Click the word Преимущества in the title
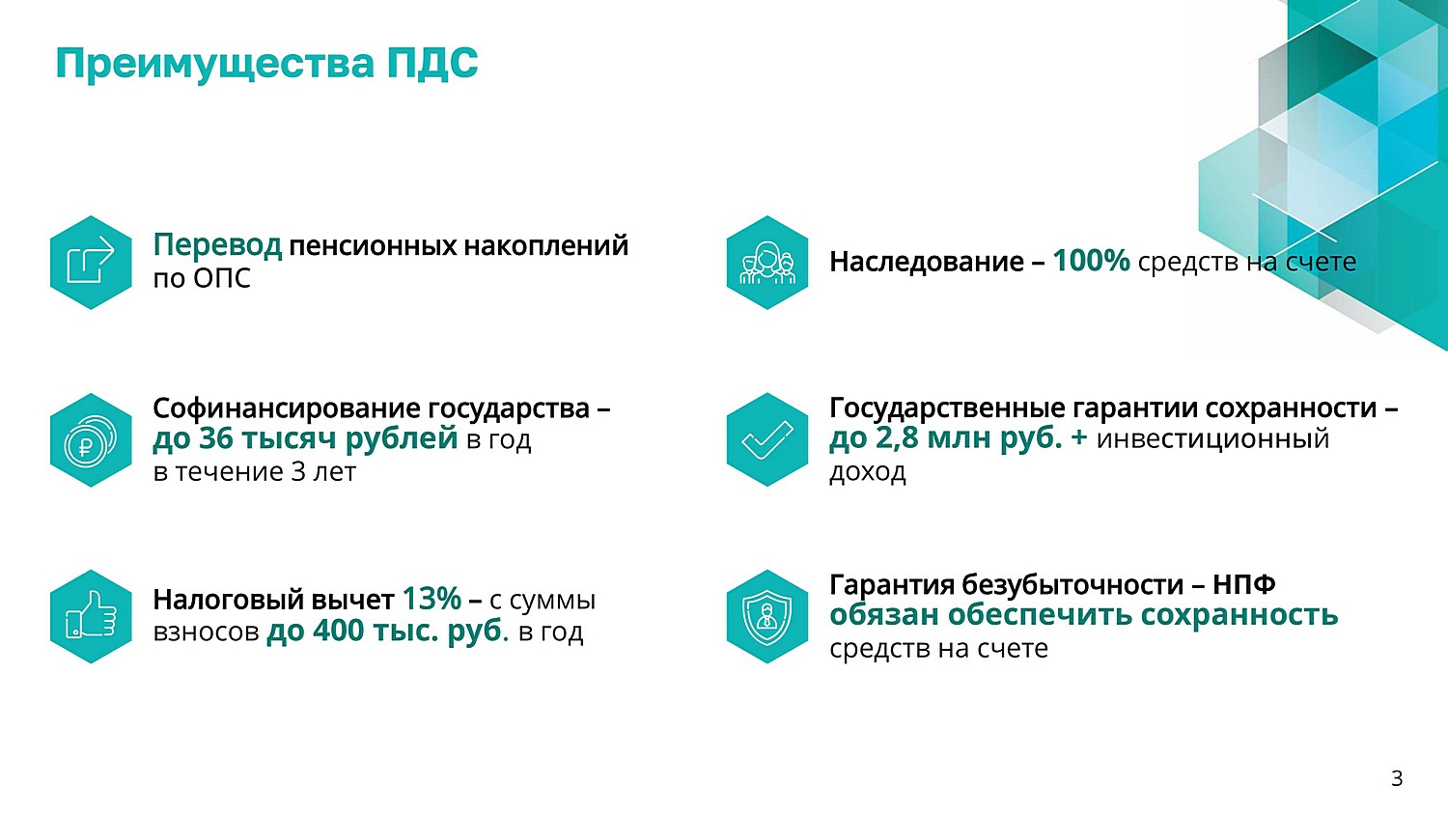(214, 65)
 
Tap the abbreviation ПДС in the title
(432, 63)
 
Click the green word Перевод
(217, 245)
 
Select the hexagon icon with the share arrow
(91, 263)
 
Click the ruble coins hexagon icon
(91, 439)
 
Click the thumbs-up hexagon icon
(91, 616)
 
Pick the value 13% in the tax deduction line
(432, 599)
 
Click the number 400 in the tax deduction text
(338, 631)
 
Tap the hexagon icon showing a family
(767, 263)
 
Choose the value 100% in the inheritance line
(1091, 261)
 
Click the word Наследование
(927, 262)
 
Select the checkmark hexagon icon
(767, 439)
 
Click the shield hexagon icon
(767, 616)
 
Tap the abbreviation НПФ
(1243, 584)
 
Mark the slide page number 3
(1397, 778)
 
